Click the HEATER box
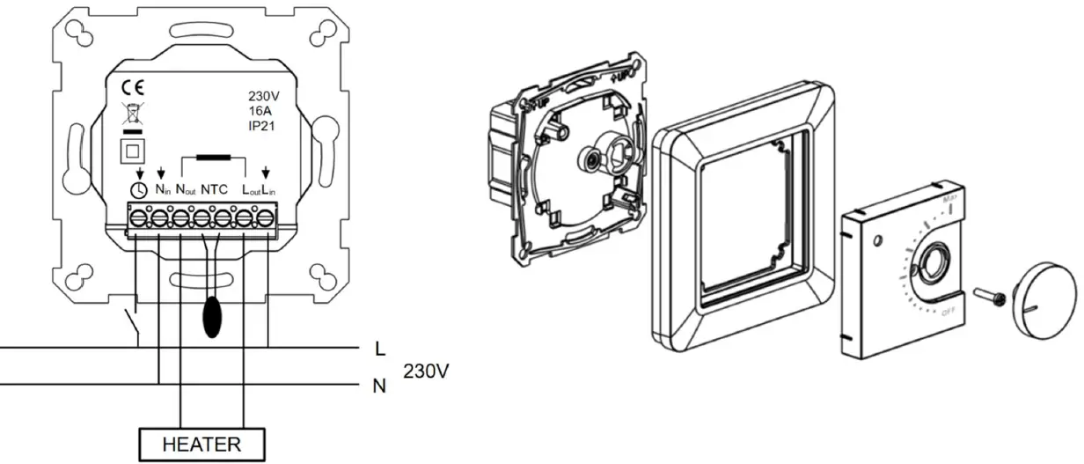point(201,444)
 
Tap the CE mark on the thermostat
point(130,88)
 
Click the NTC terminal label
point(215,189)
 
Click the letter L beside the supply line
point(380,350)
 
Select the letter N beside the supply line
point(380,386)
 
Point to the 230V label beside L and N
point(427,372)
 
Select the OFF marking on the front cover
point(948,312)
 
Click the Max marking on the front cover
point(949,201)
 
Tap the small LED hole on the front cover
point(877,240)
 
